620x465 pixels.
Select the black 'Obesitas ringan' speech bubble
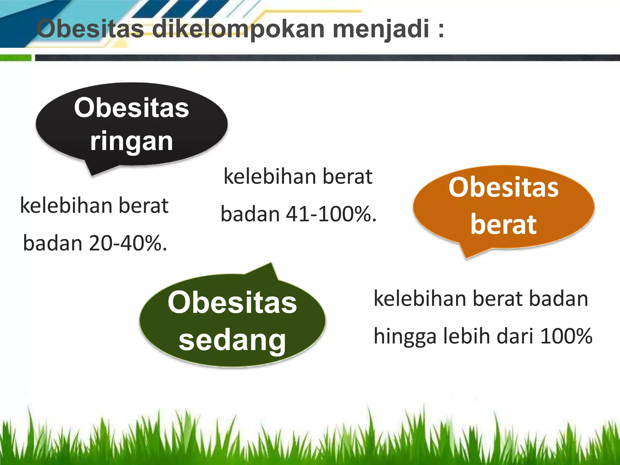pos(131,124)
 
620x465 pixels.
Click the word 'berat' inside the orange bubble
pos(503,225)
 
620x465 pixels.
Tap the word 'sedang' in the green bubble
pos(232,340)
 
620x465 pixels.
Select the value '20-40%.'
pos(128,243)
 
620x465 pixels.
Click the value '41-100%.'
pos(331,214)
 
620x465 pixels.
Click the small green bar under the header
pos(16,58)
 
